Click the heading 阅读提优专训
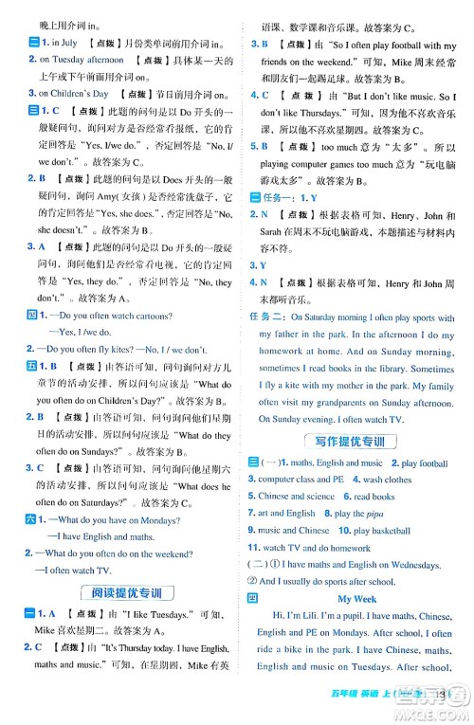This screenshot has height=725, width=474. pyautogui.click(x=121, y=593)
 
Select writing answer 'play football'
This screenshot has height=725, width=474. pyautogui.click(x=424, y=463)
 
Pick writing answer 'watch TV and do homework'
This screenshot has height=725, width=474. pyautogui.click(x=317, y=548)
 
